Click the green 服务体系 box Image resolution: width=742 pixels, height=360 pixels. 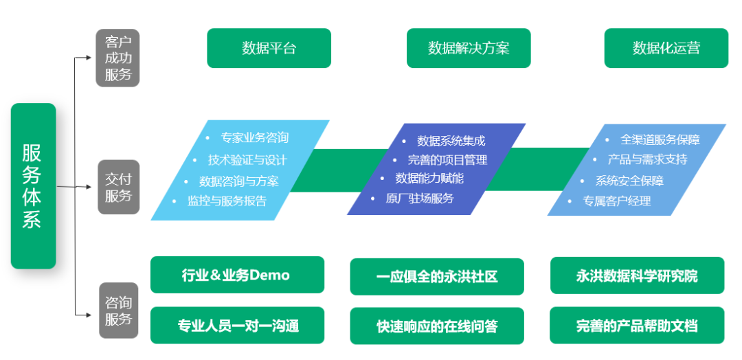point(33,185)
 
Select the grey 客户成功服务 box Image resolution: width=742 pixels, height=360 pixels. point(117,58)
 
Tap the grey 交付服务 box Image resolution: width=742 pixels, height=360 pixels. point(117,187)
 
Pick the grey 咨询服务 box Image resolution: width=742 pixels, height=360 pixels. point(117,311)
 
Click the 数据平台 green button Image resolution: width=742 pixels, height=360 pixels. point(269,48)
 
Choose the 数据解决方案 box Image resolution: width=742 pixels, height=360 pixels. point(469,48)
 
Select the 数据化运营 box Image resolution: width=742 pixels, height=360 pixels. point(666,48)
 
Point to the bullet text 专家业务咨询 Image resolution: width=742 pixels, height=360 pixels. point(254,137)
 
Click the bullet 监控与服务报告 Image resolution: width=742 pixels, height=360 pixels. point(227,201)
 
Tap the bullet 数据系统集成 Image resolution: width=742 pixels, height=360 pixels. point(451,141)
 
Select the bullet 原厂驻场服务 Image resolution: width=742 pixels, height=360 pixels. point(419,199)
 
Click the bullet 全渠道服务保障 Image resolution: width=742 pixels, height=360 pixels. point(660,139)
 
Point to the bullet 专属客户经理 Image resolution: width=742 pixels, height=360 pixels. point(616,201)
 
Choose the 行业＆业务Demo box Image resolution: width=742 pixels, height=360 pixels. point(236,275)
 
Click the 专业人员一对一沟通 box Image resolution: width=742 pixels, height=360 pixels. point(237,326)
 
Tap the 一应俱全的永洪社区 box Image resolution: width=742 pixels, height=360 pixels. point(436,276)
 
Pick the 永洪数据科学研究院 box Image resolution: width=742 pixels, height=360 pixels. point(637,275)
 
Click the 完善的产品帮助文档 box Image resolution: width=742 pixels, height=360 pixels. point(637,326)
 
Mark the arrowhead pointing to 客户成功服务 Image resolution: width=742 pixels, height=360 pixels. point(89,58)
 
